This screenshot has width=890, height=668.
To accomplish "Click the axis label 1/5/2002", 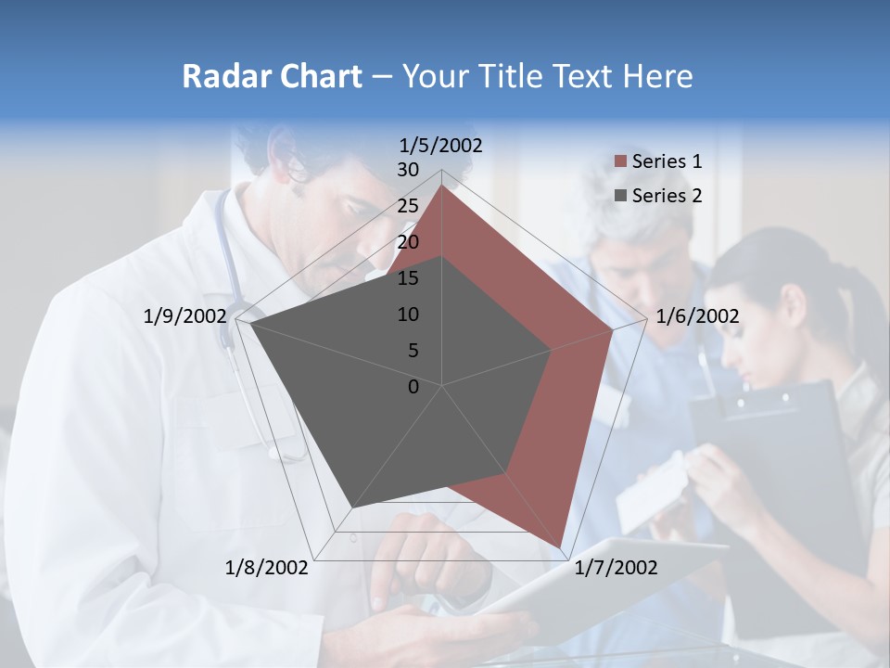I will click(441, 145).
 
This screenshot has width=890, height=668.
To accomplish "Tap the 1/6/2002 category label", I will click(697, 316).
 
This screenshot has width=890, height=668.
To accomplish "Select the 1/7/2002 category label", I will click(615, 567).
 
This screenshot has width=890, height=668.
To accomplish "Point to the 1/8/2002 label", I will click(266, 567).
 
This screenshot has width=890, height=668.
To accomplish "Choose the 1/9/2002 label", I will click(184, 316).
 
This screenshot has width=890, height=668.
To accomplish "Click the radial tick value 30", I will click(407, 170).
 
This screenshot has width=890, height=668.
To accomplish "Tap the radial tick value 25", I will click(407, 206).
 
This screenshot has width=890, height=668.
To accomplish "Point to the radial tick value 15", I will click(407, 278).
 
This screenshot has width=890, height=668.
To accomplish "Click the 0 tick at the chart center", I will click(413, 387).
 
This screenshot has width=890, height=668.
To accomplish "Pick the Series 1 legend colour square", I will click(620, 162).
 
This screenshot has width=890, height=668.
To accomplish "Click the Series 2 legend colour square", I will click(620, 196).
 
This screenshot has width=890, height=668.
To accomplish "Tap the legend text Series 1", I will click(667, 161).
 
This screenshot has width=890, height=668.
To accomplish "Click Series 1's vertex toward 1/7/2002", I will click(561, 547).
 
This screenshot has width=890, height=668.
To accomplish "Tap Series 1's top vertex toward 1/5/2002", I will click(442, 186).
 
